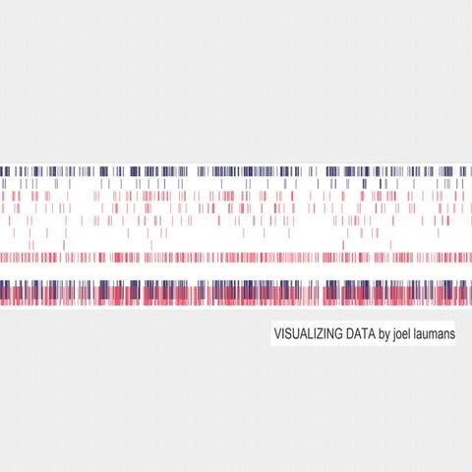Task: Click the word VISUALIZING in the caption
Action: click(303, 334)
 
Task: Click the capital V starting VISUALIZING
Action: click(278, 334)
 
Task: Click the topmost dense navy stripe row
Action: click(236, 170)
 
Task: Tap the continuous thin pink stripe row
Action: click(236, 258)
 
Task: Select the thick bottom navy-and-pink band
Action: click(236, 292)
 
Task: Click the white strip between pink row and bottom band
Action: click(236, 271)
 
